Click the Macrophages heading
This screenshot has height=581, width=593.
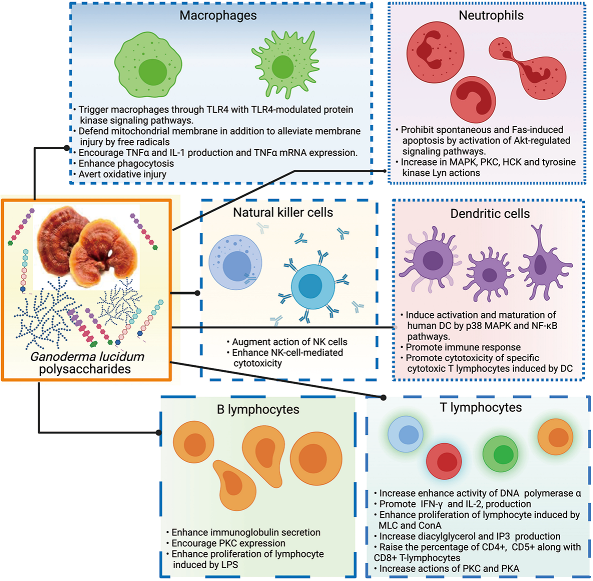(218, 15)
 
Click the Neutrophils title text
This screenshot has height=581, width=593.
(491, 15)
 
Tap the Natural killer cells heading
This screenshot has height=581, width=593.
(283, 212)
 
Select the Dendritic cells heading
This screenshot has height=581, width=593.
(490, 214)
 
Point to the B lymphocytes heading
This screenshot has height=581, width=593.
(258, 409)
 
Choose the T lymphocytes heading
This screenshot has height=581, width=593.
(481, 407)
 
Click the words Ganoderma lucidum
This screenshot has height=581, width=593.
(87, 356)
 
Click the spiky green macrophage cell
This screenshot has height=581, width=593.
(284, 65)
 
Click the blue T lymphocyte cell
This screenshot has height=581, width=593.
(406, 434)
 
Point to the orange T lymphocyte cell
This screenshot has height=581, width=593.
(555, 436)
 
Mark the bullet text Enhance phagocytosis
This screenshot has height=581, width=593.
(126, 163)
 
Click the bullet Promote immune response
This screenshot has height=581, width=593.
(463, 347)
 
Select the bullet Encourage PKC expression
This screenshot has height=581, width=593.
(228, 543)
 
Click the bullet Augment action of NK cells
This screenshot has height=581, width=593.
(289, 342)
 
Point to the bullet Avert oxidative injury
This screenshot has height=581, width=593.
(122, 174)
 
